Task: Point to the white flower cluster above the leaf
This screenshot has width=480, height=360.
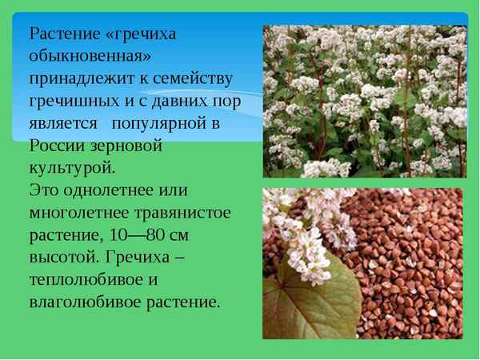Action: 300,228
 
